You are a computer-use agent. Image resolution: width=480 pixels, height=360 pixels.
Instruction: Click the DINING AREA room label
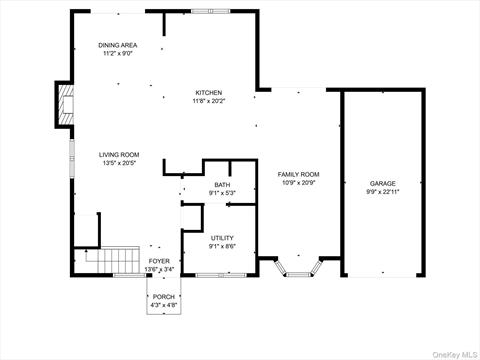point(117,45)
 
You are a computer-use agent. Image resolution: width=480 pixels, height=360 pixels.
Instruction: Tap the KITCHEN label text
point(209,93)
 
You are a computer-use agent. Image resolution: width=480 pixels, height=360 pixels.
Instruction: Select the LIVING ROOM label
point(119,155)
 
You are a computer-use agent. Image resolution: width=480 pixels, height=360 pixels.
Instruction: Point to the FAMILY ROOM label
point(298,174)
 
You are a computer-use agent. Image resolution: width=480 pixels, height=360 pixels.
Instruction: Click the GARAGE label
point(383,184)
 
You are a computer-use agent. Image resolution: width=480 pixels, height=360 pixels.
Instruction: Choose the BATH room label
point(222,185)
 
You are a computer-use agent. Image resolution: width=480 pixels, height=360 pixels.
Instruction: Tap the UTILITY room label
point(222,238)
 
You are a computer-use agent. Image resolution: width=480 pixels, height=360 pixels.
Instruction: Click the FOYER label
point(159,261)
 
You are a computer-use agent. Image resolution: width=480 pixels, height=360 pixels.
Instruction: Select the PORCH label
point(164,297)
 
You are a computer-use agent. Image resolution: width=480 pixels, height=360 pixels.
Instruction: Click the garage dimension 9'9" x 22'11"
point(383,192)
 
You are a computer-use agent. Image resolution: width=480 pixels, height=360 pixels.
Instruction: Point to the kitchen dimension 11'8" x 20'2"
point(209,101)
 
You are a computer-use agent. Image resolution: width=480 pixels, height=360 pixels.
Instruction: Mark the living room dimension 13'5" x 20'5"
point(119,163)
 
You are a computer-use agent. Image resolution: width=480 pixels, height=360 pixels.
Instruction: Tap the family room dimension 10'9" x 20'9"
point(298,183)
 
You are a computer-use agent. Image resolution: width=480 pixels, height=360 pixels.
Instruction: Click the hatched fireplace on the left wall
point(65,105)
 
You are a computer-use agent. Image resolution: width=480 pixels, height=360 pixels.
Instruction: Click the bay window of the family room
point(298,269)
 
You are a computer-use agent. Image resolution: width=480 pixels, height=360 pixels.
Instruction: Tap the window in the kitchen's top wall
point(210,11)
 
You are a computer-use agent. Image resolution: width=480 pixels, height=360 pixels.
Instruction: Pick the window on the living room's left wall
point(72,158)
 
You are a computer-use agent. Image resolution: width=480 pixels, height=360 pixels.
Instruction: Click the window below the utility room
point(221,275)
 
